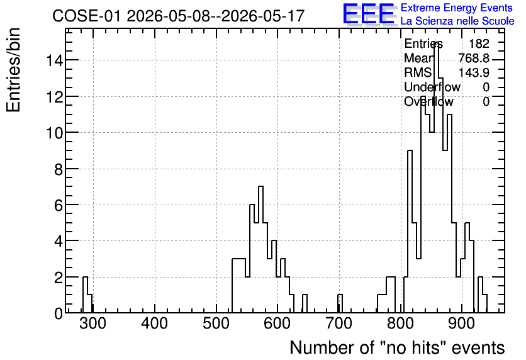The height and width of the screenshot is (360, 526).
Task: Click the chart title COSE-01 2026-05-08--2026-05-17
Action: click(x=178, y=16)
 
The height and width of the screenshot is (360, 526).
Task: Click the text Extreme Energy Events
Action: click(x=457, y=8)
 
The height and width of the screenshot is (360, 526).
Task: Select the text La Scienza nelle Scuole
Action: click(x=457, y=21)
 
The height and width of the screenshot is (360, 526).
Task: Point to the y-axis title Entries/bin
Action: click(x=13, y=70)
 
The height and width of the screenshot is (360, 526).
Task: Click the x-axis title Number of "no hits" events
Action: click(x=397, y=347)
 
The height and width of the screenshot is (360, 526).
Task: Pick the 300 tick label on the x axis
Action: click(x=93, y=323)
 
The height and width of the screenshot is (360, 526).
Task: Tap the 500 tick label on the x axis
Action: click(x=216, y=323)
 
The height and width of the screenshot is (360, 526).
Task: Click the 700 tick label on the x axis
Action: click(x=339, y=323)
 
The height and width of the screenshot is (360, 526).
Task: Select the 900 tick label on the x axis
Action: click(x=462, y=323)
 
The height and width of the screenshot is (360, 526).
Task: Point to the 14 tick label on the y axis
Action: click(x=54, y=60)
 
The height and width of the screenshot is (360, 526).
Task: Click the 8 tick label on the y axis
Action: click(x=59, y=169)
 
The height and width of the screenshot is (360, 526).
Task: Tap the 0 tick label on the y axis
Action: click(x=59, y=313)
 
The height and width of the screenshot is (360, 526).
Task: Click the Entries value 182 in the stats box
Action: click(x=479, y=43)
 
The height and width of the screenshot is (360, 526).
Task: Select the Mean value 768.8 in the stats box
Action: click(x=474, y=58)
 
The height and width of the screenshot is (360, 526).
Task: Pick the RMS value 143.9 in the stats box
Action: click(x=474, y=72)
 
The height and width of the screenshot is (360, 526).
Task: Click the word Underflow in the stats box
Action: click(x=432, y=87)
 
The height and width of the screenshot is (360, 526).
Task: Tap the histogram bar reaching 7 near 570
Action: click(x=260, y=249)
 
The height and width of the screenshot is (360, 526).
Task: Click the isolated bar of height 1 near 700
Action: click(x=340, y=303)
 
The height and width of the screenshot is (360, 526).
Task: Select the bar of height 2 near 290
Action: click(x=85, y=295)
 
